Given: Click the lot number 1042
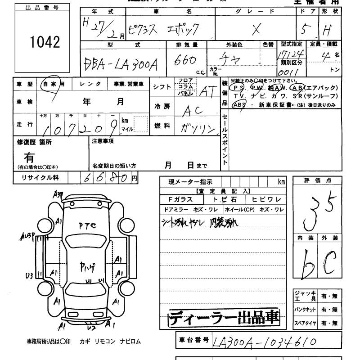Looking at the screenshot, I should click(45, 42).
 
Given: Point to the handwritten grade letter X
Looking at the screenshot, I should click(256, 29).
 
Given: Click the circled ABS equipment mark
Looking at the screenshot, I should click(239, 104).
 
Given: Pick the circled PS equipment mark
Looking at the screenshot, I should click(238, 88).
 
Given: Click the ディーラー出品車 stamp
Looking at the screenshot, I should click(224, 318).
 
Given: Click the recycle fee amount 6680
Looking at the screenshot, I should click(104, 177).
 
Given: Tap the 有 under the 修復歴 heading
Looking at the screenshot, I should click(29, 158).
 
